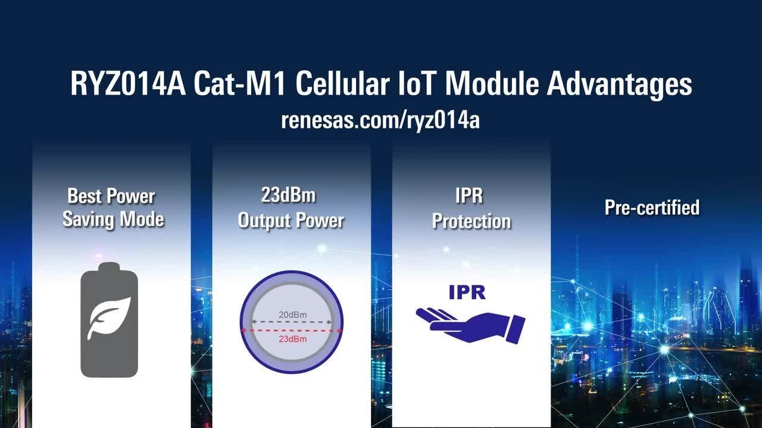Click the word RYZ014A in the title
coord(128,84)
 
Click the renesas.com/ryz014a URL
coord(380,120)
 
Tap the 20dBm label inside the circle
coord(292,314)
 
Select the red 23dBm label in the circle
coord(292,339)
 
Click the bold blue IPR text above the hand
coord(467,292)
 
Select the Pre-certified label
coord(652,207)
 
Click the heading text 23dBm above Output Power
coord(288,195)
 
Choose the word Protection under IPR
coord(471,221)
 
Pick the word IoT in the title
coord(408,84)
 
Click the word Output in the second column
coord(263,220)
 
